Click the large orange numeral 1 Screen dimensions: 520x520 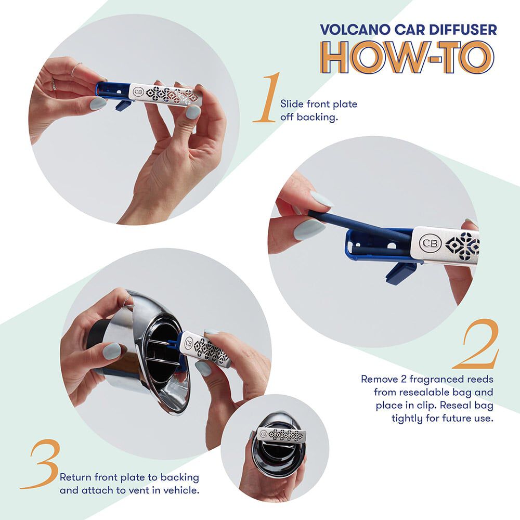click(268, 98)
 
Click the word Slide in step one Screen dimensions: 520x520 click(291, 104)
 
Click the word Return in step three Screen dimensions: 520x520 click(76, 477)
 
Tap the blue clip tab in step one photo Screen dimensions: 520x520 click(123, 105)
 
